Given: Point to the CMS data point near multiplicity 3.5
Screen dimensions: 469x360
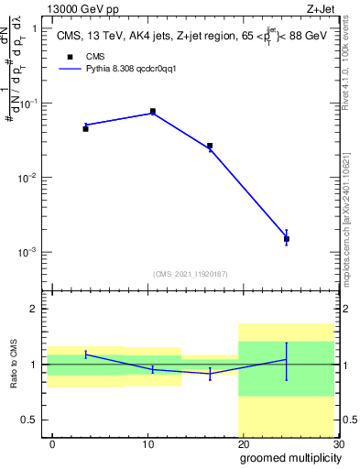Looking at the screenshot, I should pos(85,129).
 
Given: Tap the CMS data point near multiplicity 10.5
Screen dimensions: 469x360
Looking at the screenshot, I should pos(152,111).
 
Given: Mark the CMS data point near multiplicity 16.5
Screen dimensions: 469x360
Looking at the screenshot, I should pos(210,146).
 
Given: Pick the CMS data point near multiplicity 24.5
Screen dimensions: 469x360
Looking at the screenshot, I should pos(287,239).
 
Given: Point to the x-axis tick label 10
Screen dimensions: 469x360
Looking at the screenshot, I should pos(147,443).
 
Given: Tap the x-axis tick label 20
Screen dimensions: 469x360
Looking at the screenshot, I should pos(243,443).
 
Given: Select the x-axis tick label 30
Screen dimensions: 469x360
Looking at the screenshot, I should pos(338,443).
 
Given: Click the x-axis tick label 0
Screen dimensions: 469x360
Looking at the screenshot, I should pos(52,443).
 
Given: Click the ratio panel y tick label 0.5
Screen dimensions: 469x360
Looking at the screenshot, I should pos(30,420).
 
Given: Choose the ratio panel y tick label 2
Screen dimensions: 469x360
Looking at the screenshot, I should pos(34,310).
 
